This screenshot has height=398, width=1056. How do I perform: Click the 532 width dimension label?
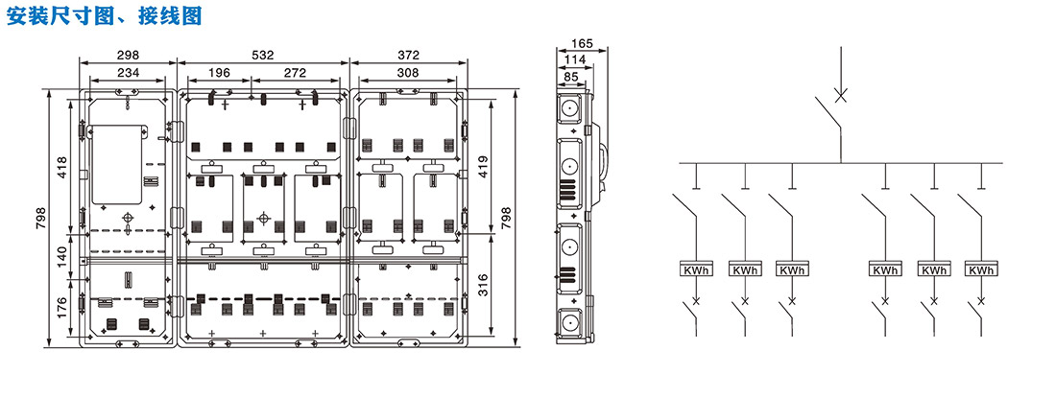pyautogui.click(x=262, y=56)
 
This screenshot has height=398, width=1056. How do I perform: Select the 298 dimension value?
pyautogui.click(x=128, y=56)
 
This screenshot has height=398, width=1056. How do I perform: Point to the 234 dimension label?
pyautogui.click(x=128, y=72)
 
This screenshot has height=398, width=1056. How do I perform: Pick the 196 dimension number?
pyautogui.click(x=219, y=72)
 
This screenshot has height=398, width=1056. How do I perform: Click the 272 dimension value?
pyautogui.click(x=297, y=72)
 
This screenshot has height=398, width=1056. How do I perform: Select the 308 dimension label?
pyautogui.click(x=408, y=72)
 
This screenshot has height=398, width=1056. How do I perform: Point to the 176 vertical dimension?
pyautogui.click(x=60, y=308)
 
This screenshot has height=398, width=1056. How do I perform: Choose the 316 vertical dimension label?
pyautogui.click(x=483, y=285)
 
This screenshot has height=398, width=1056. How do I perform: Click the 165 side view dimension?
pyautogui.click(x=581, y=43)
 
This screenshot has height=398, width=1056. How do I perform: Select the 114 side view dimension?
pyautogui.click(x=575, y=59)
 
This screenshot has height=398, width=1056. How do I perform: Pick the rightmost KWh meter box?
pyautogui.click(x=980, y=270)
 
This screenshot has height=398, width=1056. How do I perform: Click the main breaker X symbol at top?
pyautogui.click(x=841, y=96)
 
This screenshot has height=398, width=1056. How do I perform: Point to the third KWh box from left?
pyautogui.click(x=792, y=270)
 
